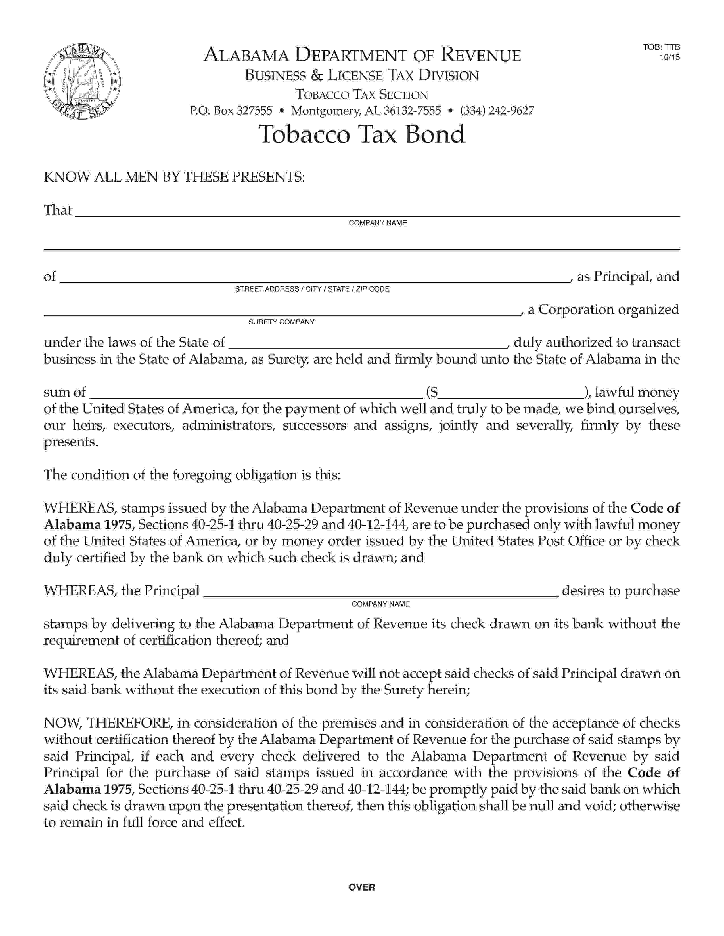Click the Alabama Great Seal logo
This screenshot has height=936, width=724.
point(82,81)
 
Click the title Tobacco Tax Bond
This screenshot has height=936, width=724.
point(361,134)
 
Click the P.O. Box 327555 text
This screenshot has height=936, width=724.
point(231,111)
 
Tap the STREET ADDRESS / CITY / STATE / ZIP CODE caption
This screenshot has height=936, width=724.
point(312,289)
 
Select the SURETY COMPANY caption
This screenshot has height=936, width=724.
point(281,322)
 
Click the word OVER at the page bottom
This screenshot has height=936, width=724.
point(361,887)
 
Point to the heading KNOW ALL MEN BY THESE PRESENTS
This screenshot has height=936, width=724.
point(174,177)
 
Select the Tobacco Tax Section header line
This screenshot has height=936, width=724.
point(361,95)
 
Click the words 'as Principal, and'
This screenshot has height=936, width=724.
point(628,277)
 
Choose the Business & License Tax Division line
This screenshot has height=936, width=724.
point(361,75)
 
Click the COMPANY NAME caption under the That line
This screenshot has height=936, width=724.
point(377,223)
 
